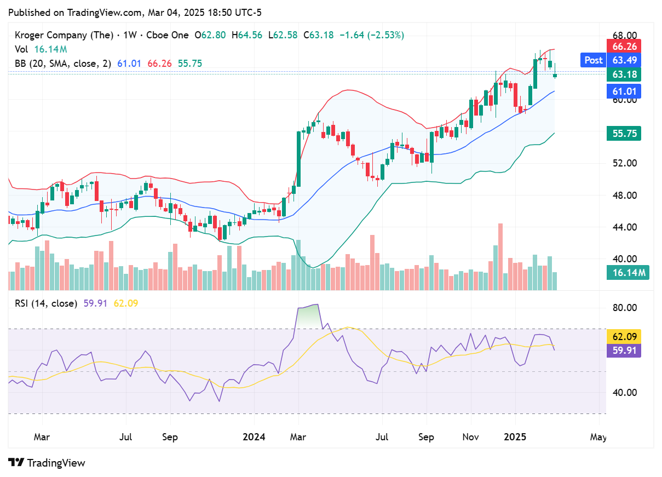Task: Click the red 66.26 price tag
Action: [624, 46]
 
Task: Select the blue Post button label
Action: [593, 60]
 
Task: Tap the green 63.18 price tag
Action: [624, 74]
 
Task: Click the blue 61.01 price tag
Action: [624, 91]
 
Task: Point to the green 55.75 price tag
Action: [624, 134]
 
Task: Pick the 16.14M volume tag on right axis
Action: [628, 272]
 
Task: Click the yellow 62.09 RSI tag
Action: [624, 336]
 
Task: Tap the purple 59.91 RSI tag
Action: [624, 350]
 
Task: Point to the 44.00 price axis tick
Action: [624, 227]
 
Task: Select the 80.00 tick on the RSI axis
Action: [624, 308]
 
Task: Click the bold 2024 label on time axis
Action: [254, 437]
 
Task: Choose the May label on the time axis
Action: [598, 437]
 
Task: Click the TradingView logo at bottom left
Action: [47, 463]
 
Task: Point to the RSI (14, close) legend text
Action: [46, 303]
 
